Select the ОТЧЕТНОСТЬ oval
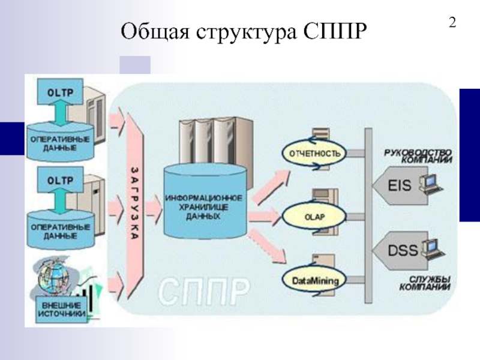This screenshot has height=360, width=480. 315,154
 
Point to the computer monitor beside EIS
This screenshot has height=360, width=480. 429,181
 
